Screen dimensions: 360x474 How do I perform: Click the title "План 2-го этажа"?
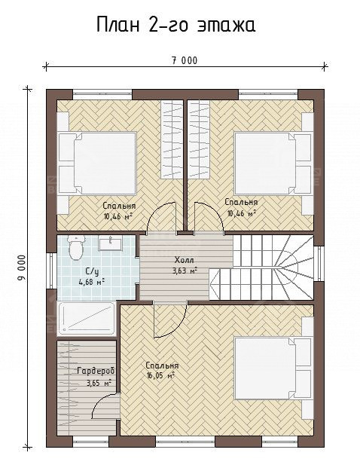pyautogui.click(x=176, y=25)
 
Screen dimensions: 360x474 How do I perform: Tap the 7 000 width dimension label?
pyautogui.click(x=185, y=61)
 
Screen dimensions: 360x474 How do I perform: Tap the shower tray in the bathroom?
pyautogui.click(x=87, y=318)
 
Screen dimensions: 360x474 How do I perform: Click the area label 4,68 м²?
pyautogui.click(x=92, y=282)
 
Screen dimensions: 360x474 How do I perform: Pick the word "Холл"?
pyautogui.click(x=184, y=260)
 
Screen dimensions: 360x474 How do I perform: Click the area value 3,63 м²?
pyautogui.click(x=185, y=271)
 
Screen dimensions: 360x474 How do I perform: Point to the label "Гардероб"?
pyautogui.click(x=96, y=371)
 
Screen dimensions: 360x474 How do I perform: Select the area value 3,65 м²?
pyautogui.click(x=99, y=383)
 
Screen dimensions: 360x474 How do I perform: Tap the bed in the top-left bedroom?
pyautogui.click(x=96, y=164)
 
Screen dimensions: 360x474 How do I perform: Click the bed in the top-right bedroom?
pyautogui.click(x=273, y=164)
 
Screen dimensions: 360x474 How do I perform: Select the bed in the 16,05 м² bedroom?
pyautogui.click(x=273, y=368)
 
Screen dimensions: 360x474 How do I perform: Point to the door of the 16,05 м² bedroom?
pyautogui.click(x=169, y=319)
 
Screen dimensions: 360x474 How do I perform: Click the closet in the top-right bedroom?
pyautogui.click(x=199, y=139)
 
